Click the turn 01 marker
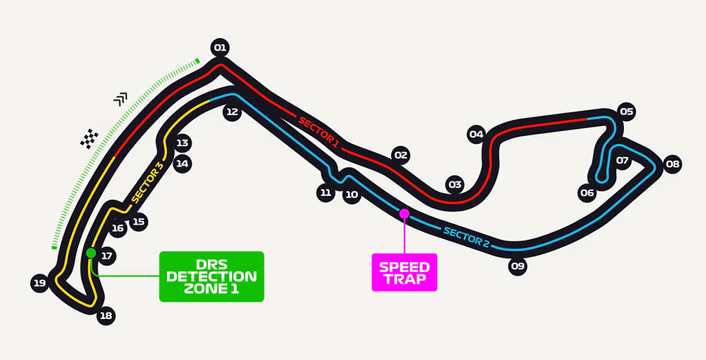pos(220,48)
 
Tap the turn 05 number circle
pos(626,112)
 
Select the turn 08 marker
pos(672,164)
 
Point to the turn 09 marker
pos(517,266)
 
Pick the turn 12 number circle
pos(231,112)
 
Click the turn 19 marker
pos(40,283)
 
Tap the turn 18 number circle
pos(106,315)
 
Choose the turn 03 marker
pos(454,184)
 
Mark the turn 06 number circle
pos(587,192)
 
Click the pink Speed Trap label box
pos(404,272)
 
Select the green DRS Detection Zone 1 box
pos(212,276)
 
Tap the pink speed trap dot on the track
pos(404,213)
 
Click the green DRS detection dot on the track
pos(91,253)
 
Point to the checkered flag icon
pos(89,138)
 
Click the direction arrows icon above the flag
pos(120,99)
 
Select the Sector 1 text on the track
pos(318,130)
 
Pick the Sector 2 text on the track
pos(466,237)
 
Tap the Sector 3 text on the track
pos(148,183)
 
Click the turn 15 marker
pos(138,222)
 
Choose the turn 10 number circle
pos(352,194)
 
